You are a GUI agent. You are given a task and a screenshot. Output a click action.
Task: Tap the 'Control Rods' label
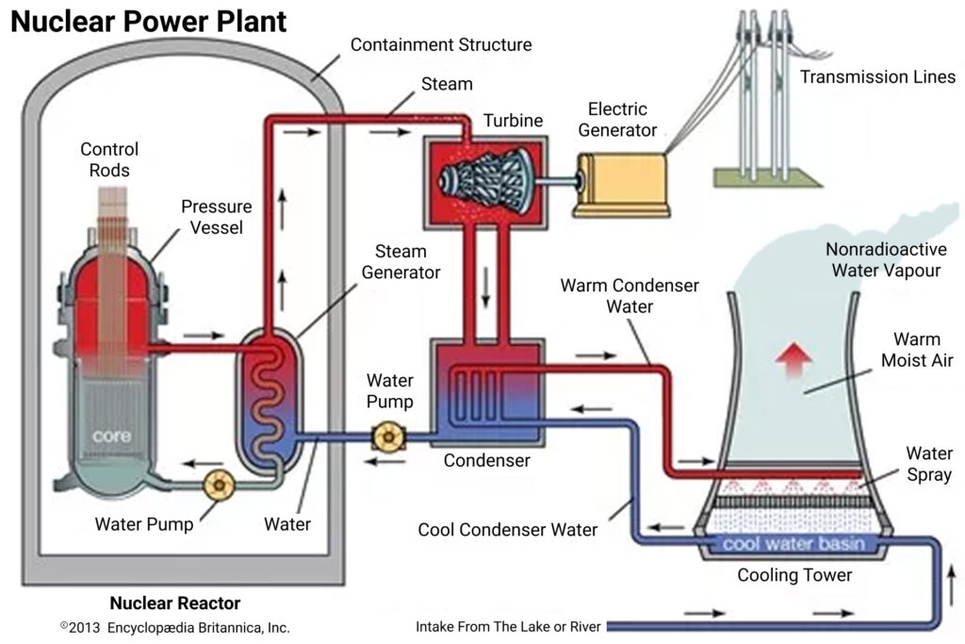click(x=109, y=159)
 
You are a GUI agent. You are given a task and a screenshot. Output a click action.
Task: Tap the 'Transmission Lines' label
click(x=877, y=76)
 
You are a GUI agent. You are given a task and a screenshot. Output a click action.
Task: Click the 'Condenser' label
click(x=486, y=461)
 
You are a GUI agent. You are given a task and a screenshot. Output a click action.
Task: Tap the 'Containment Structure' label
click(x=441, y=44)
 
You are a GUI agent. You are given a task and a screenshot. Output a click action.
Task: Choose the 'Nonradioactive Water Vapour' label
click(x=883, y=260)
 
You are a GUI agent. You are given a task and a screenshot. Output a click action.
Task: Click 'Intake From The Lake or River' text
click(x=508, y=626)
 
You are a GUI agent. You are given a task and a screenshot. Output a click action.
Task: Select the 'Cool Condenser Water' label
click(x=507, y=530)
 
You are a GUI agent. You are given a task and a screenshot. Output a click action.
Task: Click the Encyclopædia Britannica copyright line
click(x=174, y=627)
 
